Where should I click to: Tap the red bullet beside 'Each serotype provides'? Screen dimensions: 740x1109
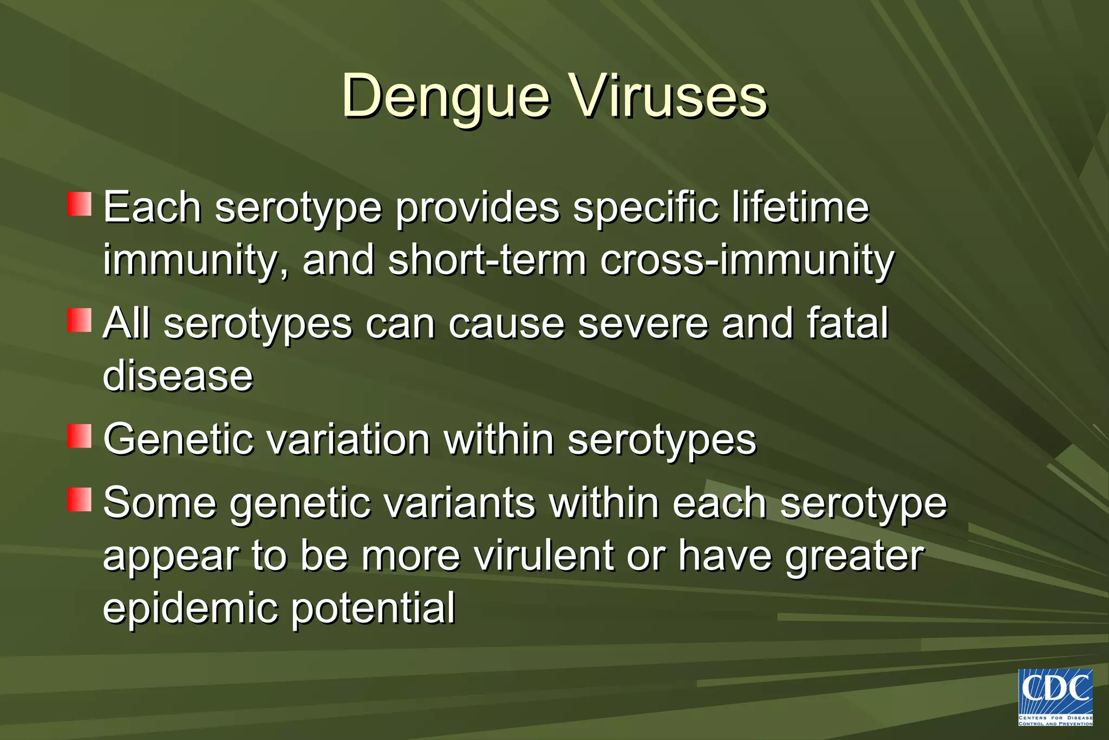click(79, 204)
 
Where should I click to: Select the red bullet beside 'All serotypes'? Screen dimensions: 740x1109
click(79, 320)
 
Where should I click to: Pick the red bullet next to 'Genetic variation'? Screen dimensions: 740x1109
click(79, 436)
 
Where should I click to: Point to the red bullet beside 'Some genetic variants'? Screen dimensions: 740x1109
click(79, 499)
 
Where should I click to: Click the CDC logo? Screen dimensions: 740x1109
click(1055, 697)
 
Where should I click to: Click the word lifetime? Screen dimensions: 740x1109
click(800, 207)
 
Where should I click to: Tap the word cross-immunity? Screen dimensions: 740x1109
click(747, 260)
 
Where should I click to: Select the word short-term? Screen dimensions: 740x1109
click(487, 260)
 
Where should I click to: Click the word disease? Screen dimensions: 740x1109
click(178, 376)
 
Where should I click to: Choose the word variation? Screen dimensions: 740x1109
click(349, 439)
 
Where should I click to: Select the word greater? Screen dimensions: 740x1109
click(855, 556)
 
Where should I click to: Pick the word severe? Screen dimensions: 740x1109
click(643, 323)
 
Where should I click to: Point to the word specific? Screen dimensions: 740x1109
click(646, 207)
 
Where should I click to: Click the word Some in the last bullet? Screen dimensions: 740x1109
click(160, 503)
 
